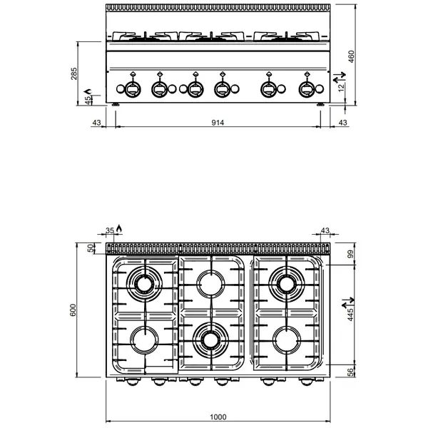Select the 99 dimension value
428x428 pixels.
(x=350, y=255)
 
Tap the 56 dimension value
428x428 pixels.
(x=350, y=372)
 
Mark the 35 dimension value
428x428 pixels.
(x=110, y=230)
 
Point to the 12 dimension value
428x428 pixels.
(x=341, y=86)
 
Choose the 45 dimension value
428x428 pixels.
(x=88, y=101)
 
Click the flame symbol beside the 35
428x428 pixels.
(x=120, y=229)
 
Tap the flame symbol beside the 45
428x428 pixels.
(x=88, y=91)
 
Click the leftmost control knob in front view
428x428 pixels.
(x=132, y=88)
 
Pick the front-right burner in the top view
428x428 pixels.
(x=287, y=340)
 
